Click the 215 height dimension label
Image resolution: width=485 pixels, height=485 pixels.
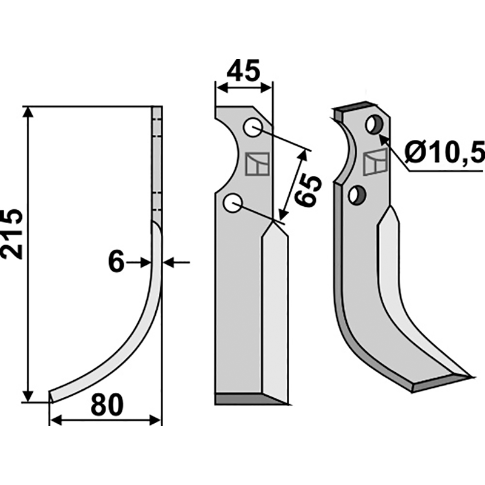click(12, 234)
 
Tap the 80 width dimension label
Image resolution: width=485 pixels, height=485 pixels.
click(107, 405)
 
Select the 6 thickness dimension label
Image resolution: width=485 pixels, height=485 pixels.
click(116, 263)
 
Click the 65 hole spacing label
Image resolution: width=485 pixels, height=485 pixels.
click(307, 190)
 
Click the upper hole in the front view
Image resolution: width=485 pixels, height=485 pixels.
click(253, 128)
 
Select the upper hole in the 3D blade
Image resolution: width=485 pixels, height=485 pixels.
click(375, 125)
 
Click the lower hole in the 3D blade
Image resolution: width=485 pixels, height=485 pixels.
click(357, 195)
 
